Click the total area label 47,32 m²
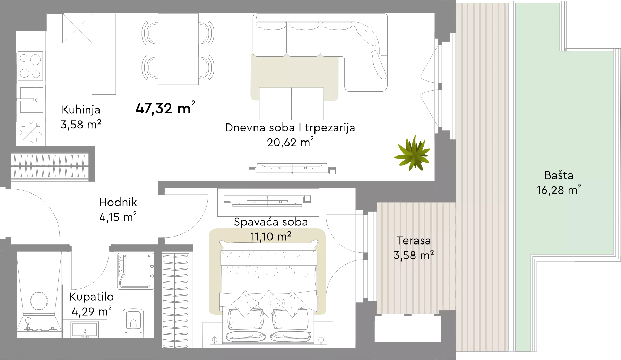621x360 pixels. [165, 108]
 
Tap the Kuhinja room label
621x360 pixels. [81, 110]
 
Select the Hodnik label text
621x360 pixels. [118, 202]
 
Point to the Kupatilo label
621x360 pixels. [92, 297]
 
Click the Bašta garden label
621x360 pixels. [559, 175]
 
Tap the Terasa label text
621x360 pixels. [414, 240]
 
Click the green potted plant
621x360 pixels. [412, 153]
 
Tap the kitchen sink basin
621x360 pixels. [32, 100]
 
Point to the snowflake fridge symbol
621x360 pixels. [31, 132]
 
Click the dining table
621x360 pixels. [178, 49]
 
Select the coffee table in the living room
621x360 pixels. [291, 104]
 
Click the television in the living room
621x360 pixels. [292, 169]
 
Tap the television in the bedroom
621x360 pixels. [267, 200]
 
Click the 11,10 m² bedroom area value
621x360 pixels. [271, 237]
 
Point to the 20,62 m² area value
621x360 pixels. [290, 142]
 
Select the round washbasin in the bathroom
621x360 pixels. [39, 301]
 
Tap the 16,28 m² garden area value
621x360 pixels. [559, 190]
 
